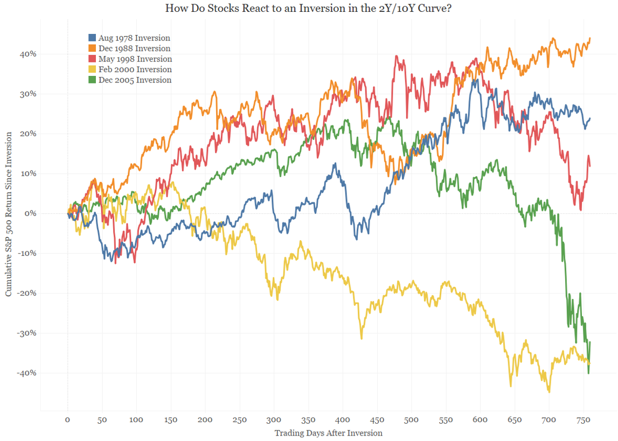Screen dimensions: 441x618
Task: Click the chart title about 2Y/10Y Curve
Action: point(309,8)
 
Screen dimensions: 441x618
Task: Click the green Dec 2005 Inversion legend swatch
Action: point(92,80)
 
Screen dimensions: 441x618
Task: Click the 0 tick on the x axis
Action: point(67,420)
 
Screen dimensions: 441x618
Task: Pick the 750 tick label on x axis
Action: point(583,420)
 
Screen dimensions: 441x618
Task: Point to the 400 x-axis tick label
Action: point(342,420)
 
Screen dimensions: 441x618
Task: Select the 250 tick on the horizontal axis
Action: point(239,420)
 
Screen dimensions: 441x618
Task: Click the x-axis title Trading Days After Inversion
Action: point(328,433)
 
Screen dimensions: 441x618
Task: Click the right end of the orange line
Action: point(590,38)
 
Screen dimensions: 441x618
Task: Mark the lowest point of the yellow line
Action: point(549,392)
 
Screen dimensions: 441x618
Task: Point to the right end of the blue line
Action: point(590,118)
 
